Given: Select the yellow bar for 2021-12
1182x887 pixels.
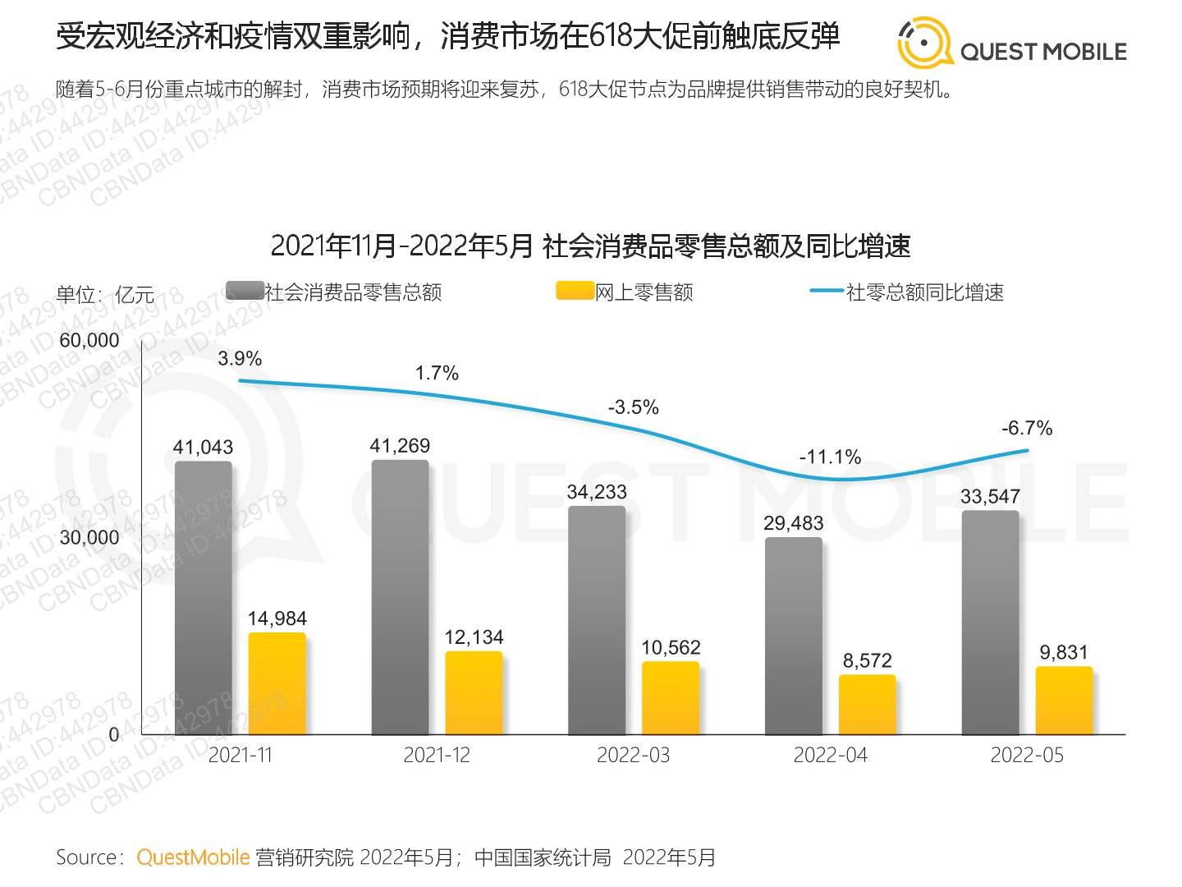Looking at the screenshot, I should click(474, 693).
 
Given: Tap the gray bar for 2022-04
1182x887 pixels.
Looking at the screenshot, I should click(794, 636).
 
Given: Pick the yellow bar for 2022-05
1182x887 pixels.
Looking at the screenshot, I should click(1064, 701).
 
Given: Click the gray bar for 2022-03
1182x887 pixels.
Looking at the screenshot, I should click(597, 620).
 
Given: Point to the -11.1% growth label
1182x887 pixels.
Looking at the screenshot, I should click(830, 457).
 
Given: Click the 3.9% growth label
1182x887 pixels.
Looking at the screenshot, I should click(240, 358).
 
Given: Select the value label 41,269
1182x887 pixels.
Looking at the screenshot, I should click(400, 445).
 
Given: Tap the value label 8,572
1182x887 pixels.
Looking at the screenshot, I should click(867, 660).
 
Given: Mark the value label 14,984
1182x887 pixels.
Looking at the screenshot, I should click(277, 618).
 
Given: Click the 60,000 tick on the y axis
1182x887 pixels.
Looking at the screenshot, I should click(89, 340).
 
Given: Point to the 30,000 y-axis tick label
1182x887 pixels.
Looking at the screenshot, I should click(89, 537).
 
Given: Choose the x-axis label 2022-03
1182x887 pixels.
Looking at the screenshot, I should click(633, 756).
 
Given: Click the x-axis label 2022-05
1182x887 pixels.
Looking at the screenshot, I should click(1027, 756).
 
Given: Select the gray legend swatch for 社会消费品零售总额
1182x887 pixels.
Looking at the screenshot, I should click(244, 291).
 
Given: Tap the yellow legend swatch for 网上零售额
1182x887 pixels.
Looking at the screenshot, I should click(575, 291).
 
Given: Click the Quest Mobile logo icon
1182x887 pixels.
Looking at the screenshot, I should click(924, 43).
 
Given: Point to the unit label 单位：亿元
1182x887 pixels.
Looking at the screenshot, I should click(105, 294).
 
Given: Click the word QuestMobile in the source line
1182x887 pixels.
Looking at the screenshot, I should click(193, 857).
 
